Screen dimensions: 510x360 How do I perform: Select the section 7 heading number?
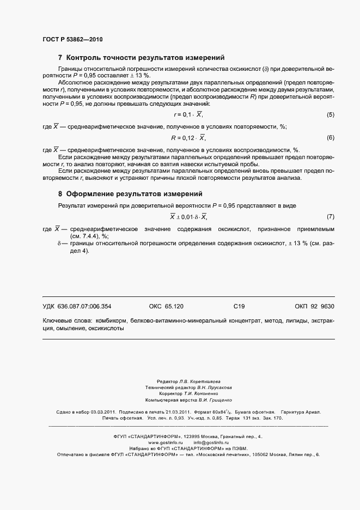point(60,58)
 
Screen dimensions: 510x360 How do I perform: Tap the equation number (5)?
point(330,115)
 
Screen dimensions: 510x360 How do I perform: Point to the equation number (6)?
point(330,138)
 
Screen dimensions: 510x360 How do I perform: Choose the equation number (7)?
point(330,217)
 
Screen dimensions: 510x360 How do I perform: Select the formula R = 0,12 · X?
point(188,138)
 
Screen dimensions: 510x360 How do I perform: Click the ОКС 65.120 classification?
point(166,306)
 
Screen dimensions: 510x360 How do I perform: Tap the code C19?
point(239,306)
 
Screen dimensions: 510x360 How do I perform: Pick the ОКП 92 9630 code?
point(314,306)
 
